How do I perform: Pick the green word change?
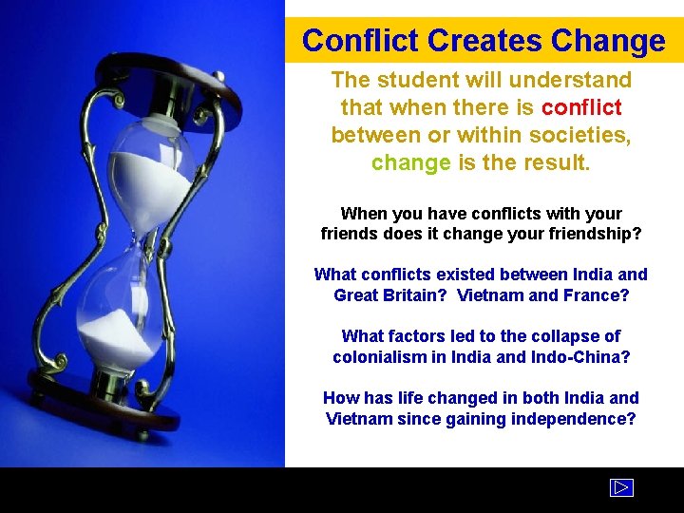[410, 162]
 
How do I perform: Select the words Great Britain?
[390, 295]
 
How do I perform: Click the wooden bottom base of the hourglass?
[100, 399]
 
